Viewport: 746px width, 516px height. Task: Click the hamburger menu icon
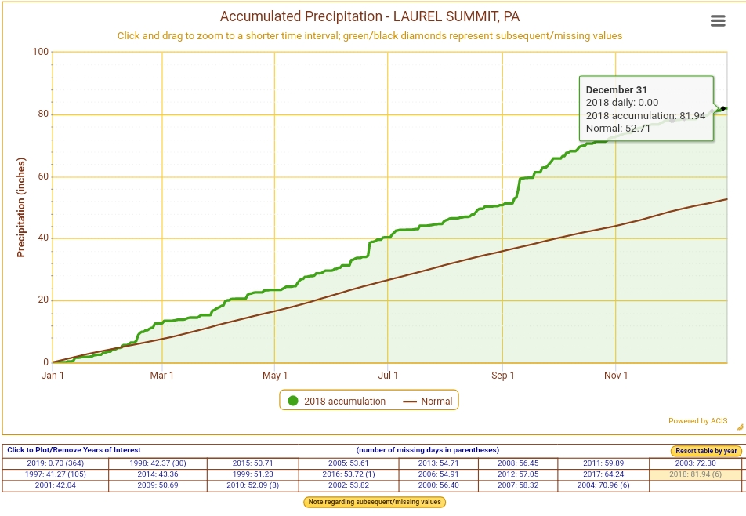point(718,21)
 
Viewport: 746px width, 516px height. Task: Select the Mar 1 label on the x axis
point(162,376)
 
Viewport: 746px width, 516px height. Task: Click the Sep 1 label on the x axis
point(503,376)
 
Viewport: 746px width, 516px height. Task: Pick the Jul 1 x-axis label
point(389,376)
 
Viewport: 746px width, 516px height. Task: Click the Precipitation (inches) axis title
point(21,207)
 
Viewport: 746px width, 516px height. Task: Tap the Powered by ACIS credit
point(697,421)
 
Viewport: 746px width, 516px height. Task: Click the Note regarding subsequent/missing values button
point(373,502)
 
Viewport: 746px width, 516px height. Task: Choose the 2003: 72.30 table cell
point(696,463)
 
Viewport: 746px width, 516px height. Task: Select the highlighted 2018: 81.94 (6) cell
point(696,474)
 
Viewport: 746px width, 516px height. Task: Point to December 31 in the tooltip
point(617,90)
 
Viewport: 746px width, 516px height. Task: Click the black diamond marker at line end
point(723,108)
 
